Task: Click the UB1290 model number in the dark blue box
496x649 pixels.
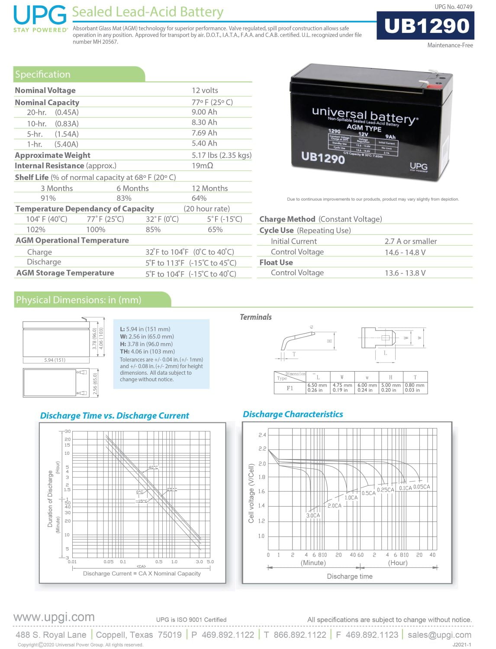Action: tap(426, 26)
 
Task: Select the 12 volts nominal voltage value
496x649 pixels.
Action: tap(205, 90)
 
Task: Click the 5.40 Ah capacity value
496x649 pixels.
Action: tap(204, 144)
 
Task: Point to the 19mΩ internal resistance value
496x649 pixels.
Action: tap(202, 166)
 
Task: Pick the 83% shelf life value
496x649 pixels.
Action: tap(124, 198)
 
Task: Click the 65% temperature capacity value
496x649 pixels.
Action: tap(215, 230)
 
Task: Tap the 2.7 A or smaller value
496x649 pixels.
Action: tap(410, 241)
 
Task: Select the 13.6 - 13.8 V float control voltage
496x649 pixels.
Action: tap(405, 273)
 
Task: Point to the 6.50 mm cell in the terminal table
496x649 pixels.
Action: tap(317, 385)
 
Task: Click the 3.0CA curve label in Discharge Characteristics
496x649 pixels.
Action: tap(313, 515)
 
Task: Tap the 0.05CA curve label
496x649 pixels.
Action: tap(422, 487)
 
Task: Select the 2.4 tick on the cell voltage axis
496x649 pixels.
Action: tap(262, 435)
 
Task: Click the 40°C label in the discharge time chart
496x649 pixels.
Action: tap(153, 467)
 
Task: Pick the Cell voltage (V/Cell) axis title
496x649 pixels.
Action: tap(251, 493)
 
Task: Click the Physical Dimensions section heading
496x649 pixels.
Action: tap(78, 300)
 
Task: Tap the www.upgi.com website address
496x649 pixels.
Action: tap(54, 617)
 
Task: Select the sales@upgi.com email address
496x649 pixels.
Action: tap(439, 635)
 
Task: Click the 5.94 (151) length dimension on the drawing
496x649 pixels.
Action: tap(55, 360)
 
